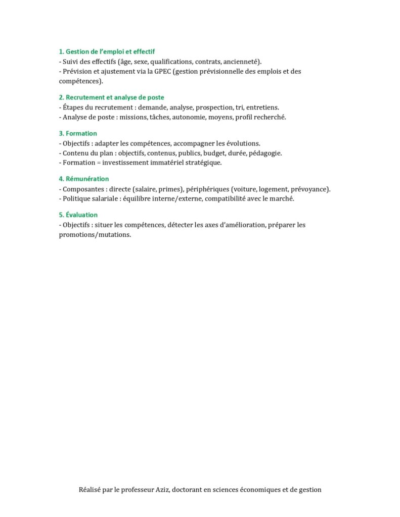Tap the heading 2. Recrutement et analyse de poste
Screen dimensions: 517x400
(111, 97)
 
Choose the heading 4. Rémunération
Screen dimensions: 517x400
(83, 179)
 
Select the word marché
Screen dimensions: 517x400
(283, 198)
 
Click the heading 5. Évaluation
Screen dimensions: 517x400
(78, 215)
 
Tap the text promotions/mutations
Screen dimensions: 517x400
(95, 234)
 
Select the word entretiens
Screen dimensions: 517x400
(262, 107)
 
